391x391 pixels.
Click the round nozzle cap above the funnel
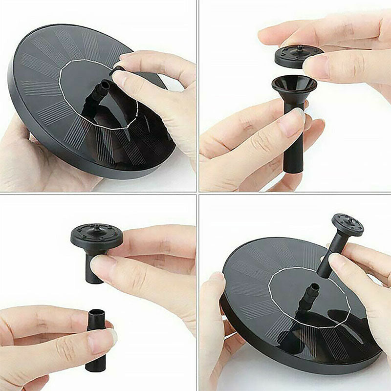[298, 56]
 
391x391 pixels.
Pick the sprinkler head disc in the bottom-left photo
[97, 236]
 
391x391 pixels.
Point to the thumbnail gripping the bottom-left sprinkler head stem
[101, 266]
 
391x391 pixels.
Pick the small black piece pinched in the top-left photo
[117, 71]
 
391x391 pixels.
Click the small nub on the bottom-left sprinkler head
[95, 227]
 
